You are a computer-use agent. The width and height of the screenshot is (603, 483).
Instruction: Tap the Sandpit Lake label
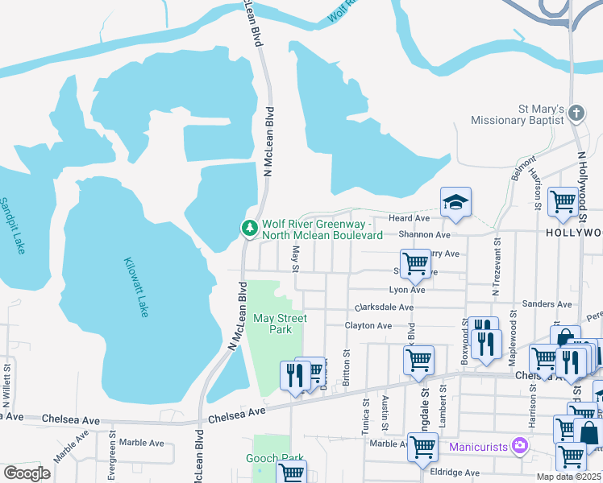click(10, 226)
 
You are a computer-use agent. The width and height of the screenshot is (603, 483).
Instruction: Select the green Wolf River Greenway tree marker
click(250, 229)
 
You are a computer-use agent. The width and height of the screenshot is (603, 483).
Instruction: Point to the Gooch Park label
click(275, 459)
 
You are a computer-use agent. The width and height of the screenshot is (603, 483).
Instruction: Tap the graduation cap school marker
click(455, 203)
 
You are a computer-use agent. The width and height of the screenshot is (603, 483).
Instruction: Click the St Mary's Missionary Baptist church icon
click(576, 114)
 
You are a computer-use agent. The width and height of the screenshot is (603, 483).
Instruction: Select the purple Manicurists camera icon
click(520, 444)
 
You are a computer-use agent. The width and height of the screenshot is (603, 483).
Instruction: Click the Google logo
click(27, 473)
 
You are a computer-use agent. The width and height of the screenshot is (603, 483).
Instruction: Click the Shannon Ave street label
click(424, 235)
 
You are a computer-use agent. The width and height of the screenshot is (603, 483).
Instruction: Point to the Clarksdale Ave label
click(385, 308)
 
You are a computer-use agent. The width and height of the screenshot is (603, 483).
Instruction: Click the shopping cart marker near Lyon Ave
click(415, 262)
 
